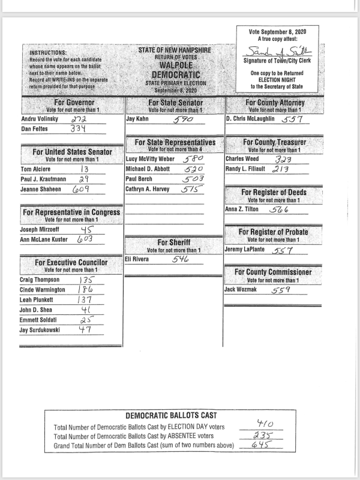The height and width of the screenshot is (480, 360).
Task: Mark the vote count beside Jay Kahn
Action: pyautogui.click(x=182, y=120)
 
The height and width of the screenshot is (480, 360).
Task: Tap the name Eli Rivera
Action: pyautogui.click(x=137, y=259)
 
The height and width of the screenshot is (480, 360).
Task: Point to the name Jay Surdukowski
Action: pyautogui.click(x=40, y=329)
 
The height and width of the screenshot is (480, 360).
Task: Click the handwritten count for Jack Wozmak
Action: pyautogui.click(x=281, y=290)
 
